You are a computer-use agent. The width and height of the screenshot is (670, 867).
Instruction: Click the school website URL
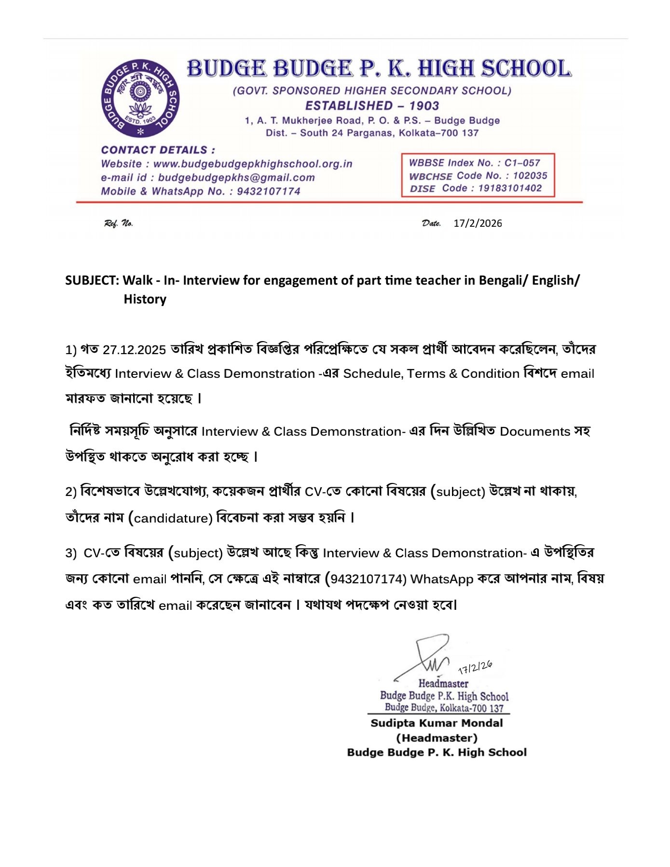pyautogui.click(x=252, y=164)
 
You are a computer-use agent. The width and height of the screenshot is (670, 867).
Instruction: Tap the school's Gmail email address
pyautogui.click(x=236, y=178)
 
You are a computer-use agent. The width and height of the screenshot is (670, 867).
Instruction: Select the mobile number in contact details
pyautogui.click(x=268, y=192)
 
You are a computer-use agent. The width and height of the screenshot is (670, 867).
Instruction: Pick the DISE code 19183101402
pyautogui.click(x=510, y=188)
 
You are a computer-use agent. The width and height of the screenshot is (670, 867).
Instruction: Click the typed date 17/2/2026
pyautogui.click(x=478, y=223)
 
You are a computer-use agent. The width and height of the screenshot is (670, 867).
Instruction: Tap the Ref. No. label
pyautogui.click(x=118, y=223)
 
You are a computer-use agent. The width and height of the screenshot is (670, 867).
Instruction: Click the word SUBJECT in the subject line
pyautogui.click(x=92, y=280)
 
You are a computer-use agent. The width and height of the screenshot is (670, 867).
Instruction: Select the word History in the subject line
pyautogui.click(x=145, y=299)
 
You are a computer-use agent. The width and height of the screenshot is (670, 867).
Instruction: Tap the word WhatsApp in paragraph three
pyautogui.click(x=441, y=579)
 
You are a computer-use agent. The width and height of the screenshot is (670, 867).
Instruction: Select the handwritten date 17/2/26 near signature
pyautogui.click(x=475, y=667)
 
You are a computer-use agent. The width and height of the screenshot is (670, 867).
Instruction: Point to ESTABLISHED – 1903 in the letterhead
pyautogui.click(x=372, y=106)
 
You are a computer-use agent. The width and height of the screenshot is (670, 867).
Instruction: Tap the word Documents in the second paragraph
pyautogui.click(x=534, y=432)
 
